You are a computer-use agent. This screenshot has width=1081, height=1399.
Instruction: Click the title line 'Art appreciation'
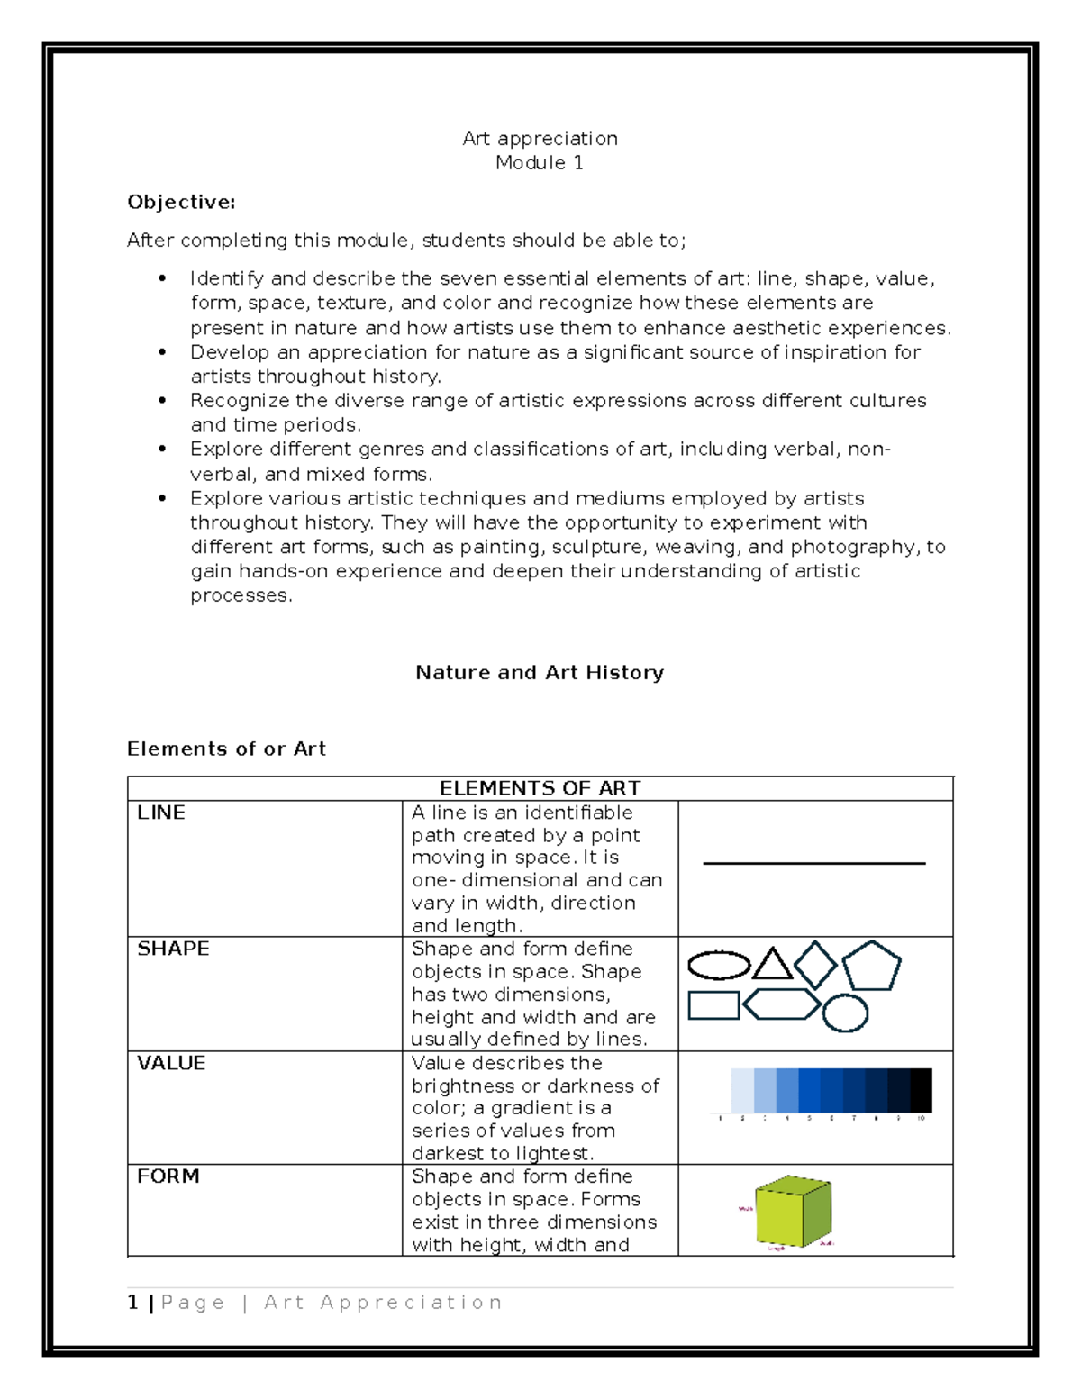(x=540, y=139)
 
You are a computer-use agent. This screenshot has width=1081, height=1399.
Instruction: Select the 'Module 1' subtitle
(x=540, y=163)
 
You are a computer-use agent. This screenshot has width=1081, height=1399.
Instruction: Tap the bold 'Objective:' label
(x=181, y=203)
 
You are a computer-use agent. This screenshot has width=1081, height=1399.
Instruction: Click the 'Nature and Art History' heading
(x=540, y=673)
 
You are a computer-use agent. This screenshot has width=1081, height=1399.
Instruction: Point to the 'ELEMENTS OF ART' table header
(x=540, y=788)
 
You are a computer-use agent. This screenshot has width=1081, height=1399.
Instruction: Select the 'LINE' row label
(x=161, y=813)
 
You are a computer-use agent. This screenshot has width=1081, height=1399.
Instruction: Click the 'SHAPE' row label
(x=173, y=949)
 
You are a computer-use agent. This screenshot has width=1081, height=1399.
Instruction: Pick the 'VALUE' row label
(x=171, y=1063)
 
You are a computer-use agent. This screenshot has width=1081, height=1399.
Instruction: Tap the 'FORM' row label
(x=168, y=1176)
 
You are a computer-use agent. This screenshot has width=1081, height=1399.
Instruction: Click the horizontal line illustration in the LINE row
(x=813, y=864)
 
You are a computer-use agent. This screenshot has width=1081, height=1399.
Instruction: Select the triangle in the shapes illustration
(x=772, y=965)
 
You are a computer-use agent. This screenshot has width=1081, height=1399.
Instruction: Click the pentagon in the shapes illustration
(x=871, y=967)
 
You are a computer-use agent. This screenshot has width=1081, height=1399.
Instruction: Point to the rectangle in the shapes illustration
(x=713, y=1005)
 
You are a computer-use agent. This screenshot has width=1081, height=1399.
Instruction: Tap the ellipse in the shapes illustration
(x=719, y=966)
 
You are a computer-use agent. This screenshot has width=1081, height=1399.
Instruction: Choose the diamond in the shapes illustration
(x=815, y=965)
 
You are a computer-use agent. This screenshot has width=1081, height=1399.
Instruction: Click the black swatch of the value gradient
(x=921, y=1090)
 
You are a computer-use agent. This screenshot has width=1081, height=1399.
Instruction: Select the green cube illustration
(x=793, y=1212)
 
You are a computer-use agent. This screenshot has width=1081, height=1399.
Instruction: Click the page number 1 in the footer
(x=133, y=1303)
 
